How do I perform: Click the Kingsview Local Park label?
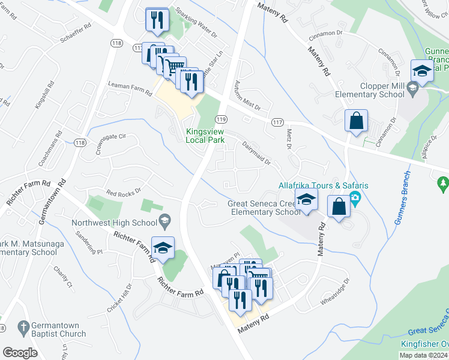click(205, 136)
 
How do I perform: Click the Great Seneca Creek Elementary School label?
click(264, 208)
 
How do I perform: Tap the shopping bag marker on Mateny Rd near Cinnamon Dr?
click(357, 121)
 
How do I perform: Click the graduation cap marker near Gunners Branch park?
click(423, 71)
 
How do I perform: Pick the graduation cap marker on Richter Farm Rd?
click(162, 248)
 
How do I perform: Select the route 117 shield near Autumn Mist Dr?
click(277, 122)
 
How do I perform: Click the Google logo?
click(20, 353)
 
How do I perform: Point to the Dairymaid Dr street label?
click(256, 154)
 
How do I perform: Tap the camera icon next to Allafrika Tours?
click(355, 199)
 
